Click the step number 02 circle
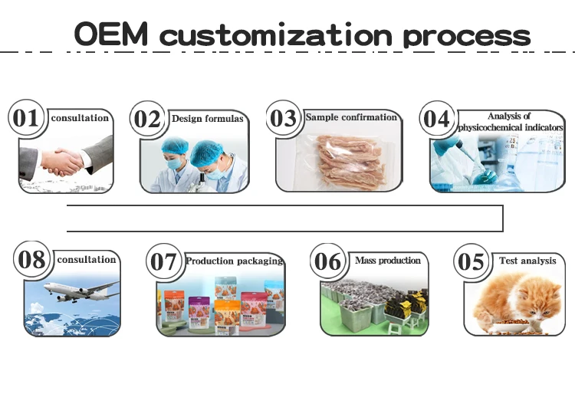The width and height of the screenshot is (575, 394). [x=148, y=120]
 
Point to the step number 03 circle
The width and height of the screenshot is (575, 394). [x=283, y=119]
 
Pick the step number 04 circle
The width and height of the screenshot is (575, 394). [x=437, y=120]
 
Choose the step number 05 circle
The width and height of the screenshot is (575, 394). [x=471, y=262]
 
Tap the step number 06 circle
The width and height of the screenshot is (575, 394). [x=327, y=262]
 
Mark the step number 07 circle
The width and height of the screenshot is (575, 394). [x=163, y=262]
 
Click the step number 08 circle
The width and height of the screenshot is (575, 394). [x=32, y=260]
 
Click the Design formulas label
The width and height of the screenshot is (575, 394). [x=207, y=119]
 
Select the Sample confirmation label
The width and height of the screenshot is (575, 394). [x=351, y=117]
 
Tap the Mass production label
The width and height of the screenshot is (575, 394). [x=388, y=261]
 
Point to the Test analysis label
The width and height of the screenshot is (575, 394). [x=527, y=261]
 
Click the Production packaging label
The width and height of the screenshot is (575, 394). [x=234, y=261]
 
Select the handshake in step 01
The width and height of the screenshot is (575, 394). [x=65, y=160]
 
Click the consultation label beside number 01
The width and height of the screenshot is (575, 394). [x=80, y=119]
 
